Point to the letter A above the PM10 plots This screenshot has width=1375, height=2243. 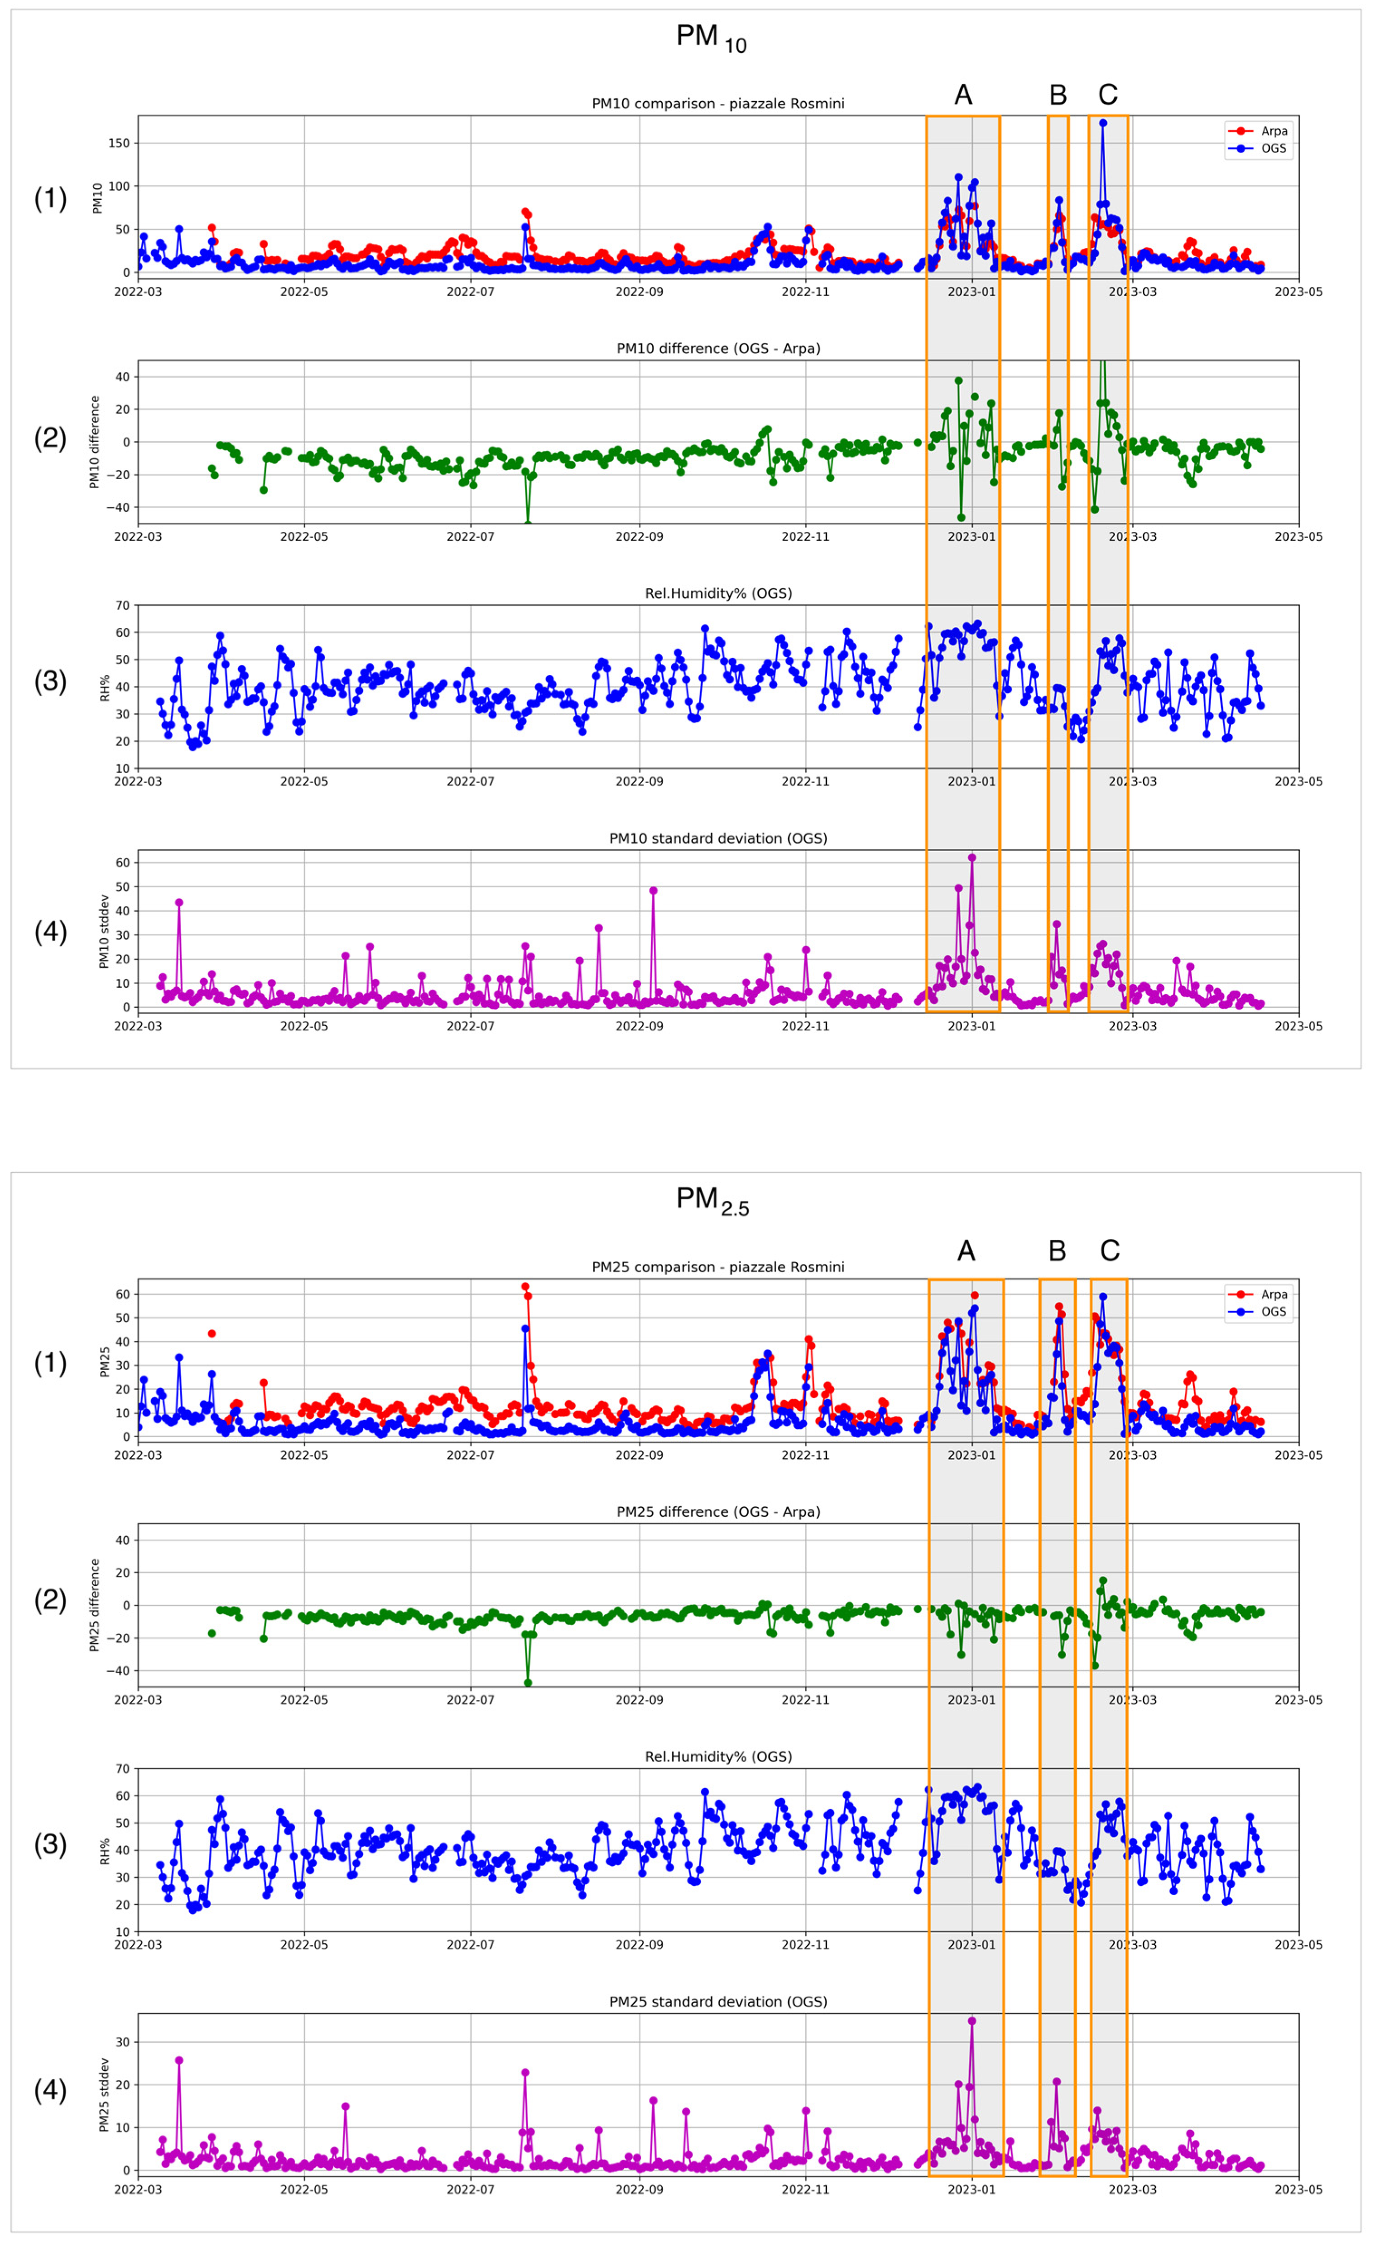coord(963,95)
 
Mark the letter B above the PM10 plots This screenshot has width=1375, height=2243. coord(1058,95)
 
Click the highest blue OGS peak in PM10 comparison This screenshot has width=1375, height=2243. coord(1103,123)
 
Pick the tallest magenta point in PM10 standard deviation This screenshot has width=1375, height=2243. coord(972,857)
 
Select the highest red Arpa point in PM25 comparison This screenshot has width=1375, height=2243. coord(525,1287)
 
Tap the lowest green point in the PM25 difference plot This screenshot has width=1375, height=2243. coord(528,1683)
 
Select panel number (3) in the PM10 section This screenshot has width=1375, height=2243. coord(50,681)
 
